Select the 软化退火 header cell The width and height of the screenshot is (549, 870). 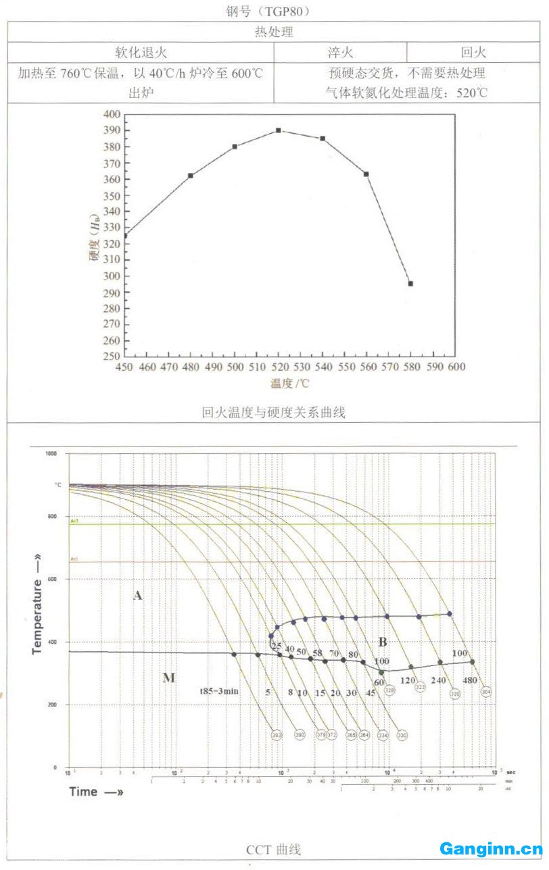[x=141, y=52]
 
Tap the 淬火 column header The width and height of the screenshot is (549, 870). [x=340, y=52]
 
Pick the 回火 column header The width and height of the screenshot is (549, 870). [x=473, y=52]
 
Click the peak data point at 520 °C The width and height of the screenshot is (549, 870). [x=278, y=130]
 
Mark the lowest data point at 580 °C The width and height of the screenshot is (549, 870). [x=410, y=284]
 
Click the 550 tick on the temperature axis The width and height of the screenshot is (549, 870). [x=346, y=367]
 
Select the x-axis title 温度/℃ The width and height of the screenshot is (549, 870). [x=290, y=384]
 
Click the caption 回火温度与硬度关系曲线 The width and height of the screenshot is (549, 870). [x=273, y=412]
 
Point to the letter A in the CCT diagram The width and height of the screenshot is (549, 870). [x=138, y=595]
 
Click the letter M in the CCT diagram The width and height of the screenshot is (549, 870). [x=169, y=677]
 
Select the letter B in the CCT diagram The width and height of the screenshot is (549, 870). [x=382, y=642]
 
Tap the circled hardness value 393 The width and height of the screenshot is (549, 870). [x=276, y=735]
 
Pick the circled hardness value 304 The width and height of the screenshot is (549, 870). [x=485, y=692]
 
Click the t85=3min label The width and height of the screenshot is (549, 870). [x=218, y=692]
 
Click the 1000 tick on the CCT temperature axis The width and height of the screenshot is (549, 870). [x=51, y=454]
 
